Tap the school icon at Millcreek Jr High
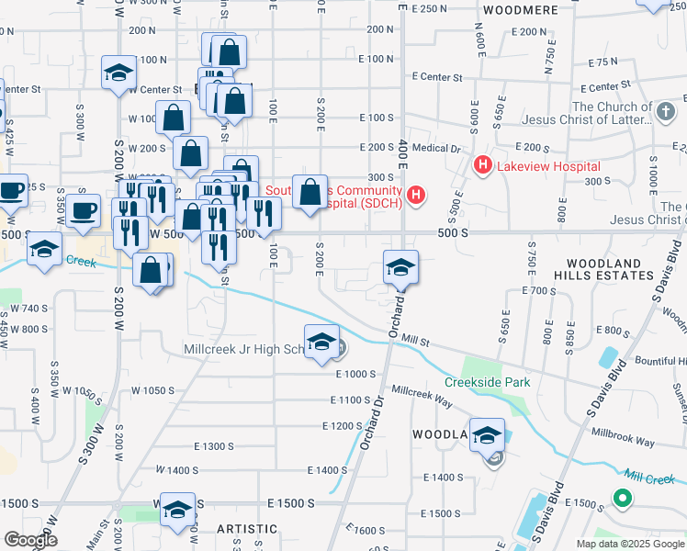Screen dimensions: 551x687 [321, 343]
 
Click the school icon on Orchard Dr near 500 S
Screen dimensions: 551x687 [400, 268]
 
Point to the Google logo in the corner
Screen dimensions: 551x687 [30, 540]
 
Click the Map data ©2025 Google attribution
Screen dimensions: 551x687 [630, 544]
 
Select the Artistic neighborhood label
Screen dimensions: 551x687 [246, 529]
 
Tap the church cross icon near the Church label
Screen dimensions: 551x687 [666, 112]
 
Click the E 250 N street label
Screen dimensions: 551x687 [430, 8]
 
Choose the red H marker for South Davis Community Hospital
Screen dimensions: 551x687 [417, 195]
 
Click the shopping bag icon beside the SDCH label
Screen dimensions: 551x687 [310, 193]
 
